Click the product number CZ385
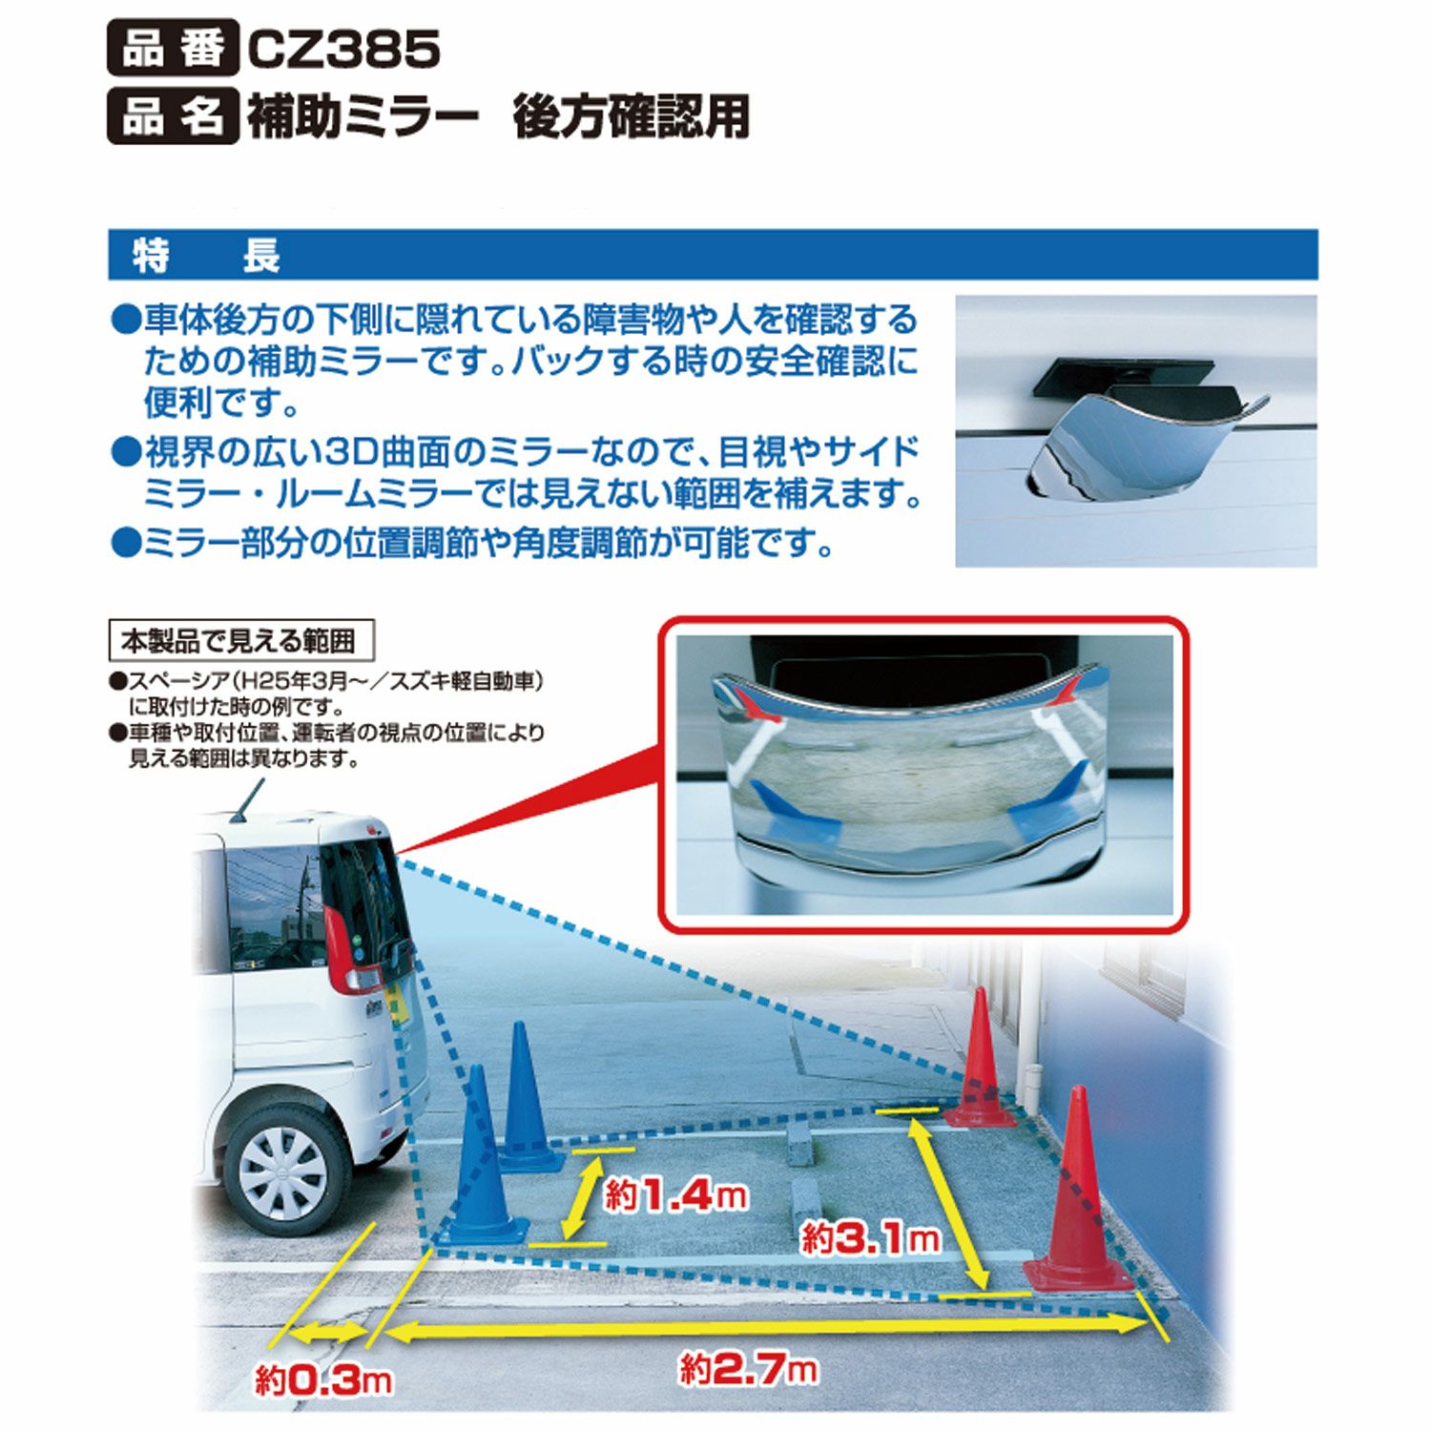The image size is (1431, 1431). [x=343, y=50]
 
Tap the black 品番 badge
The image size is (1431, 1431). [x=173, y=50]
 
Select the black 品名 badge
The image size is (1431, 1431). [x=173, y=116]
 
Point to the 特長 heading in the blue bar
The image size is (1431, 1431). [x=205, y=256]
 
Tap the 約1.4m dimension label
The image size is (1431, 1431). [x=675, y=1194]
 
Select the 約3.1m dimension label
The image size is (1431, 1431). [x=870, y=1238]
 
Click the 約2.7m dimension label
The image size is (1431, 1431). [x=749, y=1370]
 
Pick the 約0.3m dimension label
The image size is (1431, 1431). [x=323, y=1379]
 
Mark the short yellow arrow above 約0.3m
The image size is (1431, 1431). [x=327, y=1331]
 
